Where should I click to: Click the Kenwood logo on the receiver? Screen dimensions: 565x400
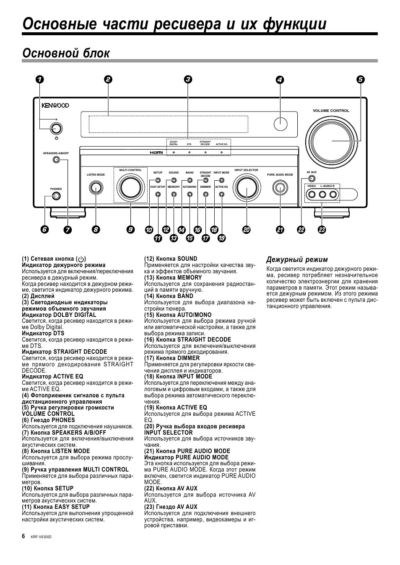click(x=55, y=106)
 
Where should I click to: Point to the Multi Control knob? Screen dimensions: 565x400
click(x=130, y=187)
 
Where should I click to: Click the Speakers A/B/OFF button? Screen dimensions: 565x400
click(x=55, y=160)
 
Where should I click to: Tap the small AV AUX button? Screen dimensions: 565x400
click(x=311, y=179)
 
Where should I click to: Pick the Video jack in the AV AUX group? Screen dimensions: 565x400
click(x=312, y=194)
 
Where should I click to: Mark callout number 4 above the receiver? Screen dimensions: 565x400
click(x=280, y=80)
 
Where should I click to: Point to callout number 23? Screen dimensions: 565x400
click(x=322, y=230)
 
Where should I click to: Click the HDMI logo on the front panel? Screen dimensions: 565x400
click(x=156, y=152)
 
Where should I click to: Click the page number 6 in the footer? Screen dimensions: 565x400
click(x=24, y=536)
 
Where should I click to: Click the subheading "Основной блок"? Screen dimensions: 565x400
click(x=66, y=53)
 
